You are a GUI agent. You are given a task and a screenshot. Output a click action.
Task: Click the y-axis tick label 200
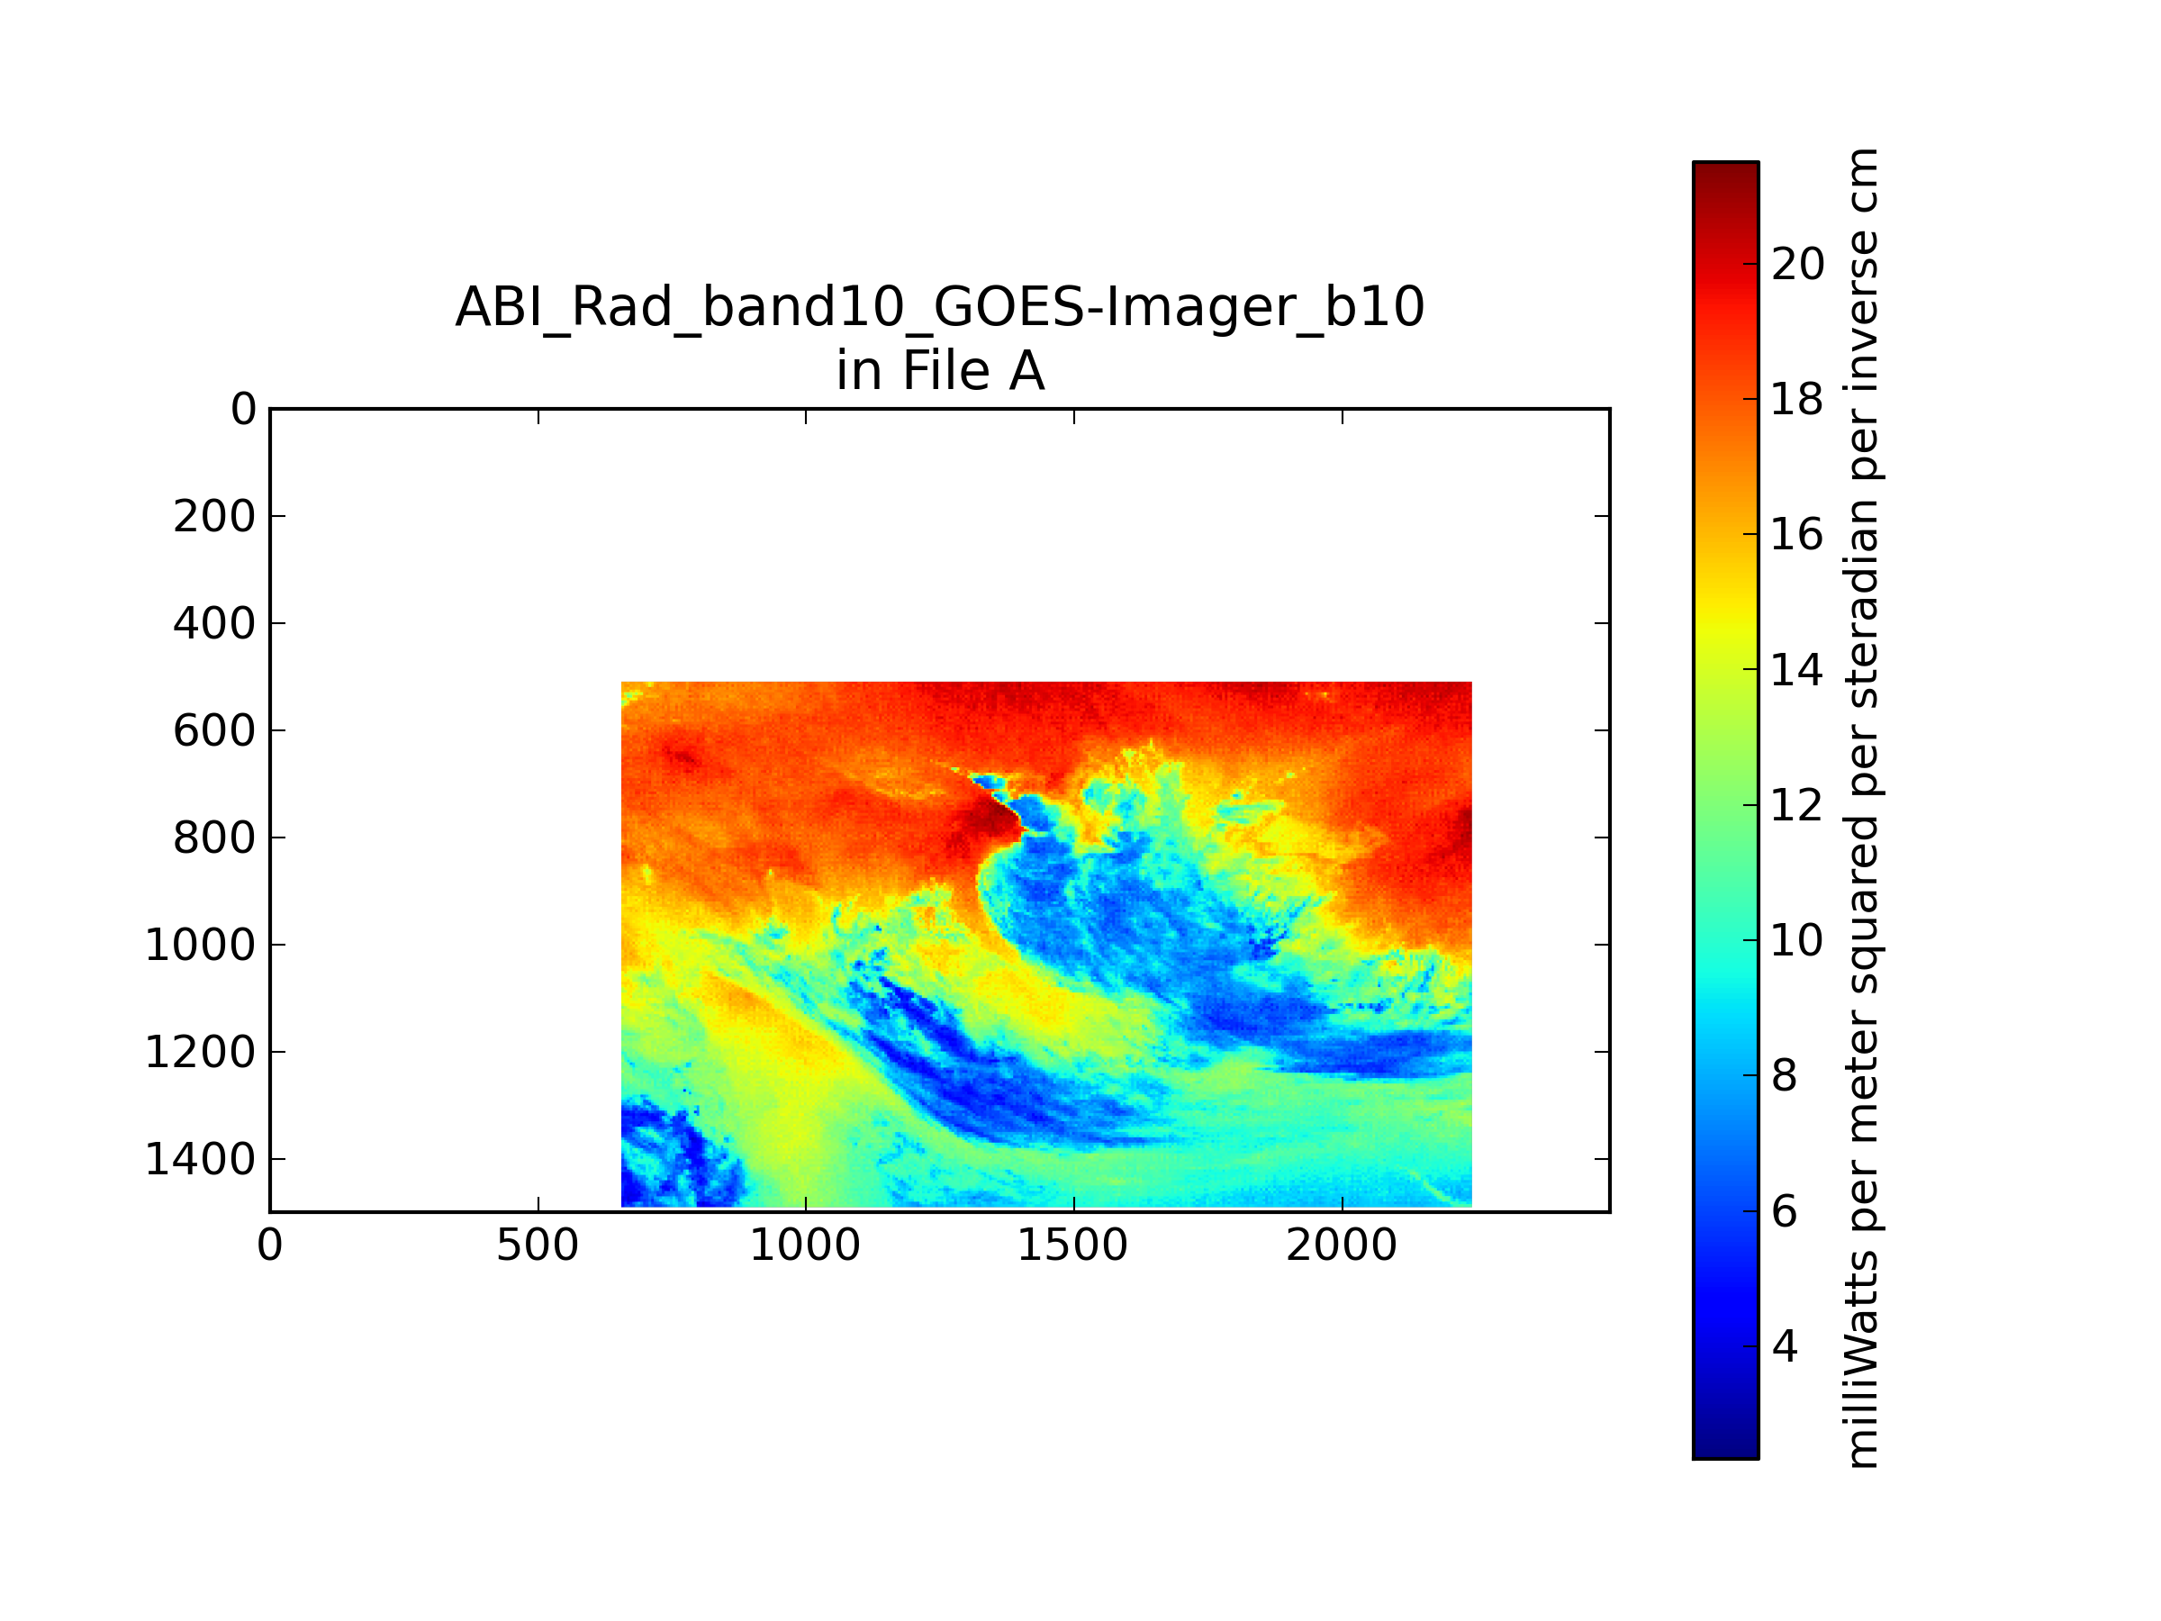[x=214, y=517]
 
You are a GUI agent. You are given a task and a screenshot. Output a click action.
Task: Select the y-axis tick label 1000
[x=200, y=945]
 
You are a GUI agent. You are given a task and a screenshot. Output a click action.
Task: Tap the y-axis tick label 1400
[x=200, y=1160]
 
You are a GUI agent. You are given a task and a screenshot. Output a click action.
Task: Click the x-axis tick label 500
[x=538, y=1245]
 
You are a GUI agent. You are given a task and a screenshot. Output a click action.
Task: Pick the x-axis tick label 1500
[x=1073, y=1245]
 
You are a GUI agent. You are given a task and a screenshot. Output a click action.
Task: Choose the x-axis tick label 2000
[x=1342, y=1245]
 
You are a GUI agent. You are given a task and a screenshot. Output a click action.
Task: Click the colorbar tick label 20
[x=1797, y=264]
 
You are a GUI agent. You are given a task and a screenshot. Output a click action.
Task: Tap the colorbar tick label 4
[x=1785, y=1346]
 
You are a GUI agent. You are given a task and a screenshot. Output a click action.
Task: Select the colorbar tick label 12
[x=1797, y=805]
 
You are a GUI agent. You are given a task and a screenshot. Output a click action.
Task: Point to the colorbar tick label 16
[x=1797, y=534]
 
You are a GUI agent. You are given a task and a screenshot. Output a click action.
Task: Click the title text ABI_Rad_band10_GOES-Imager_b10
[x=940, y=308]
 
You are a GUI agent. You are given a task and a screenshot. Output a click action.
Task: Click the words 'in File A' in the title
[x=940, y=371]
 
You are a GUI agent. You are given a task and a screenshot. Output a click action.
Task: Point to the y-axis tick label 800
[x=214, y=838]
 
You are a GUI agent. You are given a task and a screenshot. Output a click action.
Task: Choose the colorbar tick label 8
[x=1785, y=1076]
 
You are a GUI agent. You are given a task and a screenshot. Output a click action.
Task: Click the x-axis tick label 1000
[x=805, y=1245]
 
